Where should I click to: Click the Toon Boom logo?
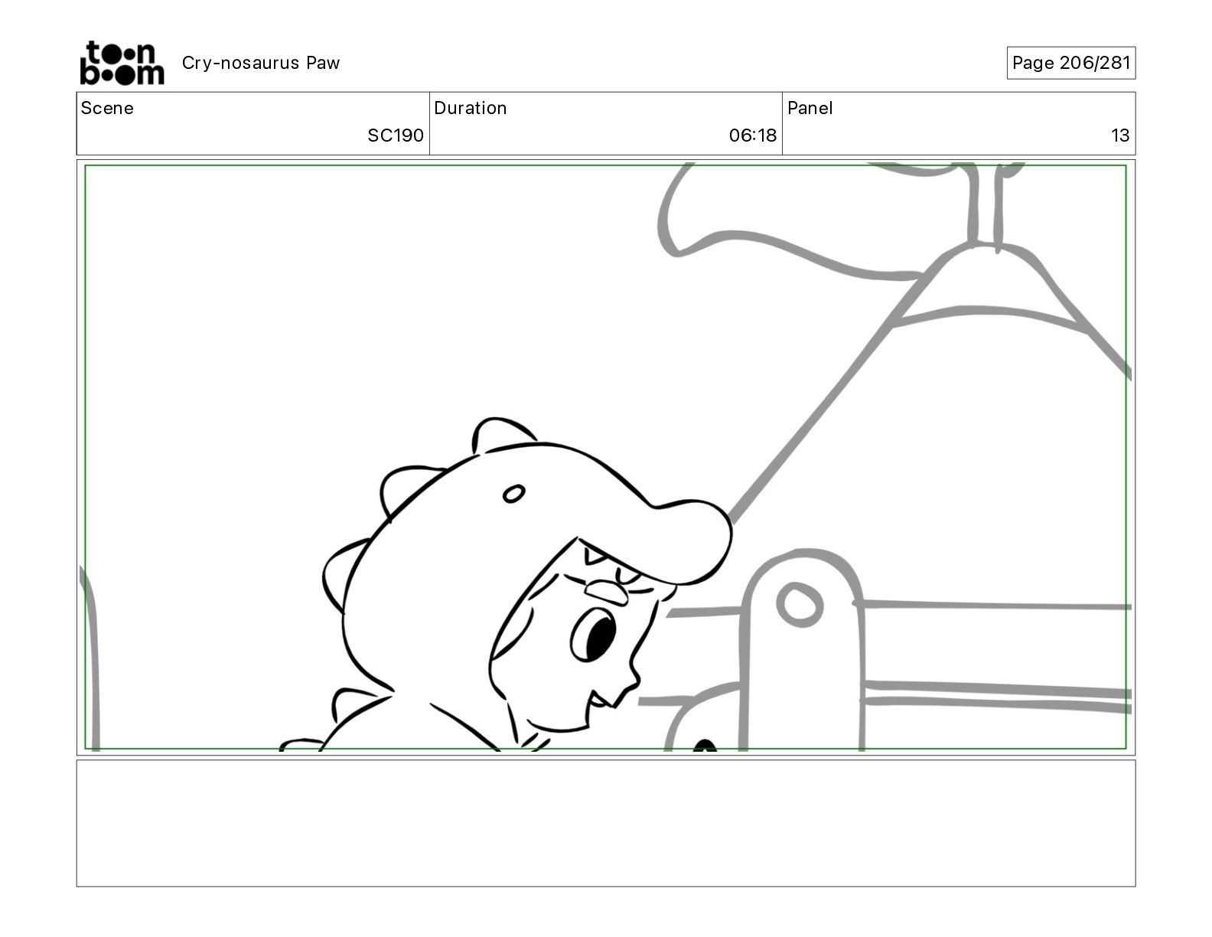point(122,63)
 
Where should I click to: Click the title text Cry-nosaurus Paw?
point(260,63)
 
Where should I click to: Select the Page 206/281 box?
point(1070,63)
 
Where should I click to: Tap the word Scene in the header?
point(107,108)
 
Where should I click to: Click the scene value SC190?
point(396,135)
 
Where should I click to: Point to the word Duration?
point(471,108)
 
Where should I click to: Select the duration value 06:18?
point(752,135)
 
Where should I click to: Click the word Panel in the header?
point(810,108)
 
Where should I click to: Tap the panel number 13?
point(1120,135)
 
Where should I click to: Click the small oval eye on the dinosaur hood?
point(513,494)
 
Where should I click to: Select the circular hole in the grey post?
point(800,605)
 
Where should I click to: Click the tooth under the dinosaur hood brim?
point(594,555)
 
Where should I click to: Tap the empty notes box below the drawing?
point(606,823)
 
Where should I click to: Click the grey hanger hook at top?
point(985,207)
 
